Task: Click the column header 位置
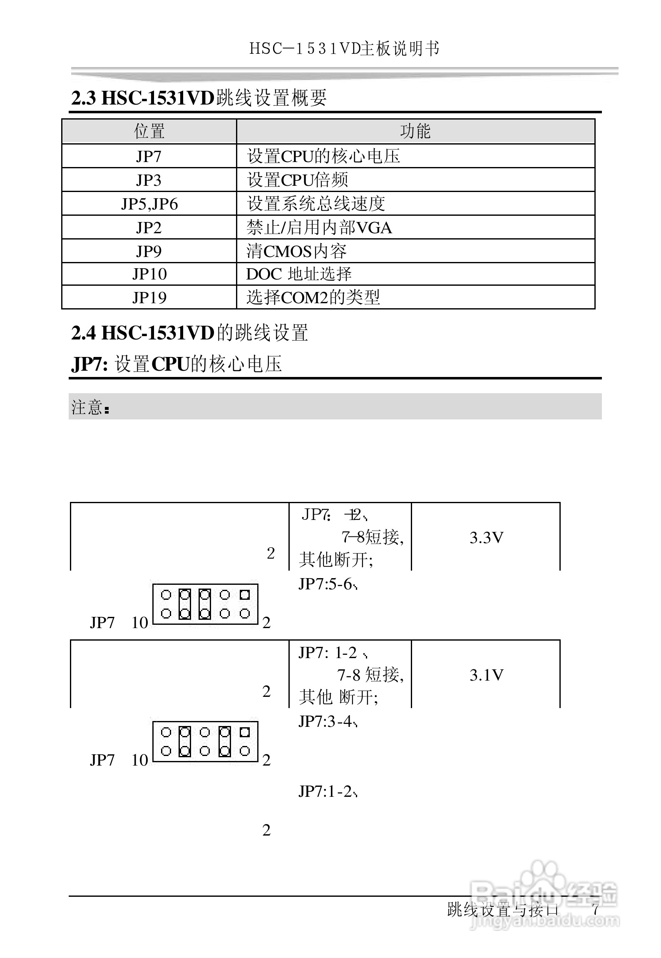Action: coord(149,132)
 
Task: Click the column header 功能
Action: coord(415,132)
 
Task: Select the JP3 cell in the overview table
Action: coord(149,180)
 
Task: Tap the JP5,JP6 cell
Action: coord(149,204)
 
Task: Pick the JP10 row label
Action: coord(149,274)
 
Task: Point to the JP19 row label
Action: coord(149,297)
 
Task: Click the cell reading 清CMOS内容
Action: coord(296,251)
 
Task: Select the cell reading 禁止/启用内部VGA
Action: coord(319,227)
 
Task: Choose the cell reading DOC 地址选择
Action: coord(299,274)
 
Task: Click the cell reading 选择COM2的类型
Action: coord(313,297)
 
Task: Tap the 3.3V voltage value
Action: coord(486,538)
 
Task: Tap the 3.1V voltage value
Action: coord(486,675)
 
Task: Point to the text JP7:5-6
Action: coord(327,584)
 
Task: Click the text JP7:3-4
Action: coord(327,722)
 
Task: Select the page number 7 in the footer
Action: coord(595,909)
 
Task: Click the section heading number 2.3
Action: coord(83,98)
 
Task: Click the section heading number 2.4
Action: coord(83,333)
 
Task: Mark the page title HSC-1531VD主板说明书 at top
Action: coord(344,49)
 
